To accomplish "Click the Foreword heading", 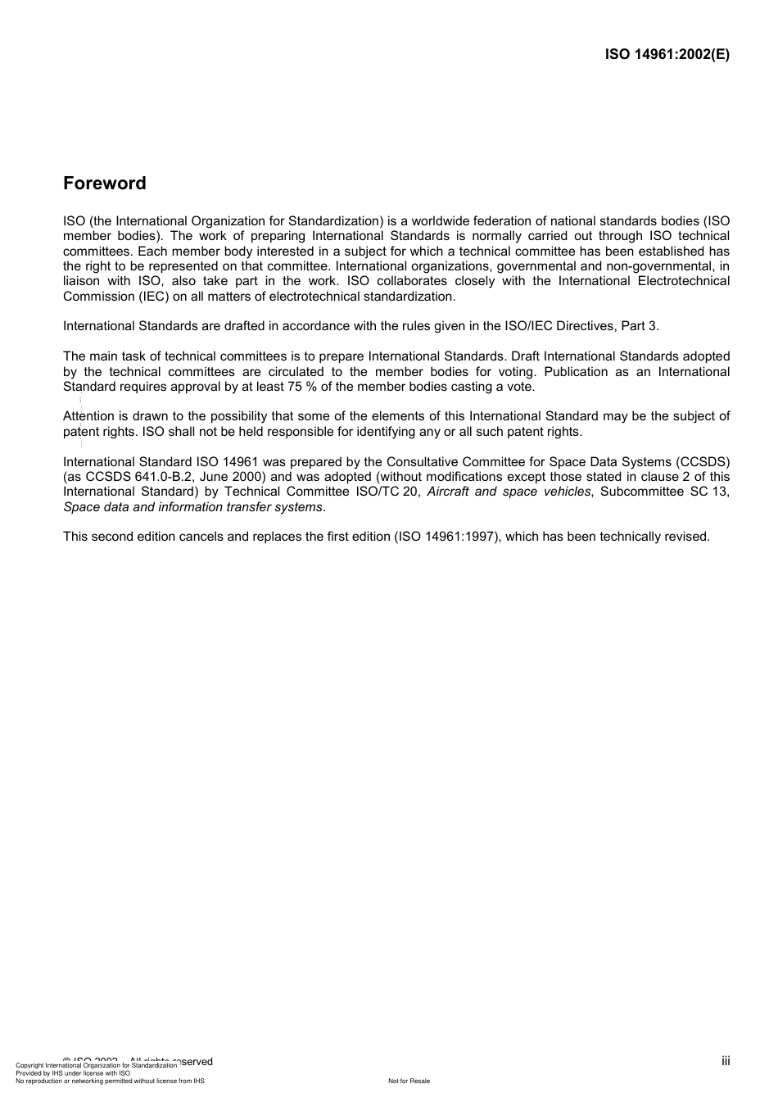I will click(105, 184).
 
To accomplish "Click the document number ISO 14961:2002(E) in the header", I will click(667, 55).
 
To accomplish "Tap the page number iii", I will click(726, 1061).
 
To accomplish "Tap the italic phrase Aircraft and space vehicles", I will click(509, 492).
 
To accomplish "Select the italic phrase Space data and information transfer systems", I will click(192, 507).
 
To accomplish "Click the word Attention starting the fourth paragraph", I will click(88, 416).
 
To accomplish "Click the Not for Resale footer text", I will click(409, 1081).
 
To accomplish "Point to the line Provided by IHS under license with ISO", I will click(73, 1073).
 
